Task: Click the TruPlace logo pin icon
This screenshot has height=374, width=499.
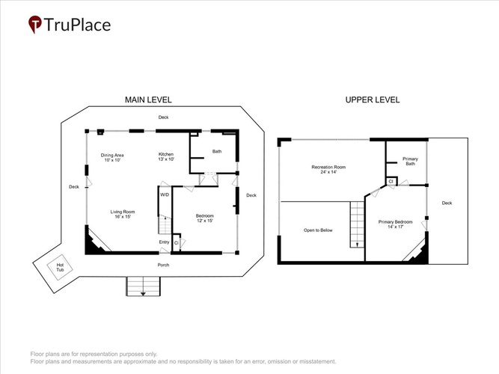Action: tap(34, 24)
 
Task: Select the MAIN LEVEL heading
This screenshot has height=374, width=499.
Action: tap(148, 100)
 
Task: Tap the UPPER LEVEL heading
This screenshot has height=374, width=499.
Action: tap(373, 100)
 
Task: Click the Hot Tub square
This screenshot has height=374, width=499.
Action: tap(60, 267)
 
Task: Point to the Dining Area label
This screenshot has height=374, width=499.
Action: tap(112, 158)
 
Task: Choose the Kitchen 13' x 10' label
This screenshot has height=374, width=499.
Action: tap(166, 156)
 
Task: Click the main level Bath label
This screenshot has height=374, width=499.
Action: tap(217, 152)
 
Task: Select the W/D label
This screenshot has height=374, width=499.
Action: tap(165, 194)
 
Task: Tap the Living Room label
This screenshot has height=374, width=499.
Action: tap(123, 214)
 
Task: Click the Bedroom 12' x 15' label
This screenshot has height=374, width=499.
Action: tap(205, 218)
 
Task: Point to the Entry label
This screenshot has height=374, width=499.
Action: tap(164, 242)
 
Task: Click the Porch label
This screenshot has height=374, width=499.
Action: tap(163, 265)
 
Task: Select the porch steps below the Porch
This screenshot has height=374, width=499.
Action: tap(143, 286)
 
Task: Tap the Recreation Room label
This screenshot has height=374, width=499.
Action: tap(328, 169)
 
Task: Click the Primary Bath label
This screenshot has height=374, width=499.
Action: tap(410, 161)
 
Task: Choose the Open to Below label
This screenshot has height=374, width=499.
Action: tap(318, 230)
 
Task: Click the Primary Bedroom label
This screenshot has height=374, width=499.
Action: tap(395, 224)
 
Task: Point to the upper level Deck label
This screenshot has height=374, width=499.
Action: tap(447, 203)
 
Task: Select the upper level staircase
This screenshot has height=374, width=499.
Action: tap(358, 224)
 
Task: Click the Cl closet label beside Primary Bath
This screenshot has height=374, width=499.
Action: tap(391, 182)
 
